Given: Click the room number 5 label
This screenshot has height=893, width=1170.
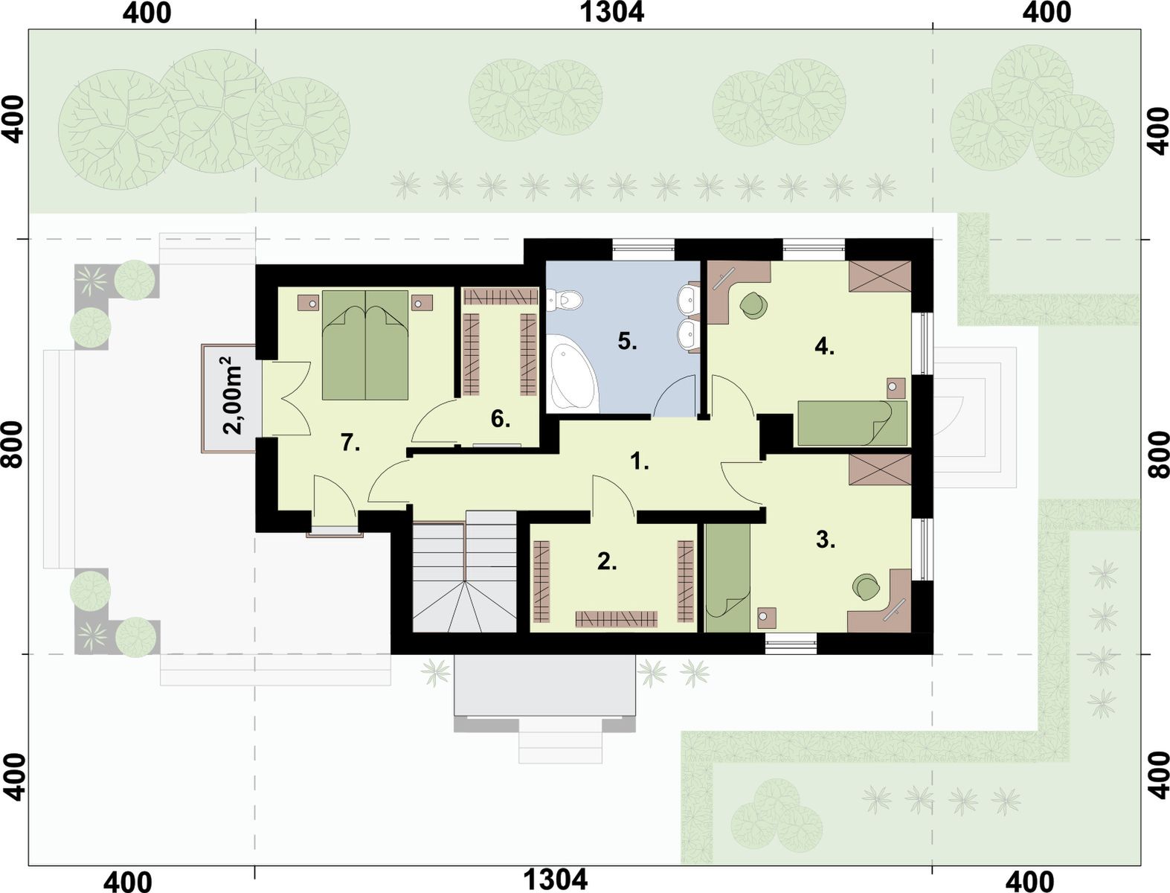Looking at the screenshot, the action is click(x=627, y=342).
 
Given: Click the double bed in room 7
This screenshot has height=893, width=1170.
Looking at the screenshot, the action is click(x=365, y=345).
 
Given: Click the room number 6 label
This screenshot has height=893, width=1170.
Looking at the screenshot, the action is click(x=500, y=420).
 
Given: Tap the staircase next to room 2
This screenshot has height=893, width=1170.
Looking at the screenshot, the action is click(x=464, y=571).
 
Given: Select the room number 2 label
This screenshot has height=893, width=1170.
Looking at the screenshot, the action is click(x=607, y=561).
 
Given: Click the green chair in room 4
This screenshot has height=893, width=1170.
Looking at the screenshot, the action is click(x=753, y=306).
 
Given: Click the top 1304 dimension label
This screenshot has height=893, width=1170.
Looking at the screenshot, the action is click(x=611, y=12).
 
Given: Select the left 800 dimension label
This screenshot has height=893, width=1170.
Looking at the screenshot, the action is click(x=12, y=445).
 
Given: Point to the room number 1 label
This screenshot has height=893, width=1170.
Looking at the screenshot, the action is click(x=640, y=461).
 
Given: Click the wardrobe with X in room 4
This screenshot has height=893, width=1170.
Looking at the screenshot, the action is click(x=879, y=276).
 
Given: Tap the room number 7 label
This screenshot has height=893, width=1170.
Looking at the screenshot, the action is click(x=350, y=443).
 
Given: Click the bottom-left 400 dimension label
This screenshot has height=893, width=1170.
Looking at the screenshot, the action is click(x=127, y=882).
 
